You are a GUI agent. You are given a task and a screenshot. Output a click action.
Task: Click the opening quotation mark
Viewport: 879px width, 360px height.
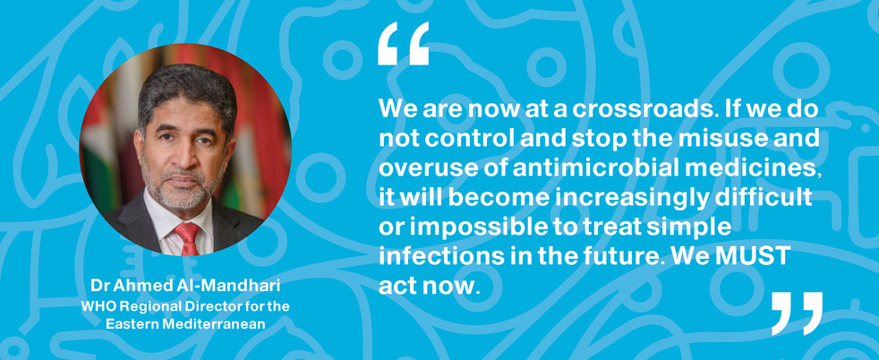click(403, 44)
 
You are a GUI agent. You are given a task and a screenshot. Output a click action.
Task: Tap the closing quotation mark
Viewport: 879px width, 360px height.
click(798, 313)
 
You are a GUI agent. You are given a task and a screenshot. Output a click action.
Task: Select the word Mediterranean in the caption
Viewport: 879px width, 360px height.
click(221, 323)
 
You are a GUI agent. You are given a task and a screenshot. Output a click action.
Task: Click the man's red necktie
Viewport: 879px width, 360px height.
click(188, 238)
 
